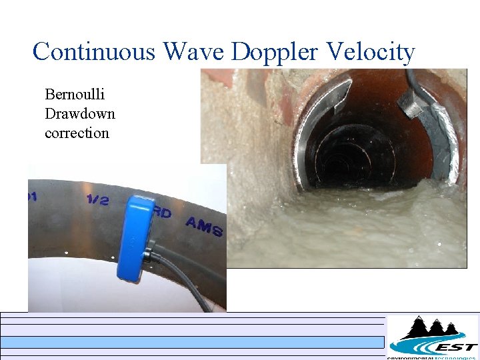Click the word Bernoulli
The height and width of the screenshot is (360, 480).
pos(75,94)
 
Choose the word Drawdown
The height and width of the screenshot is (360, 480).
pos(79,113)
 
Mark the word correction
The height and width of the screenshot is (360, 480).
pos(77,133)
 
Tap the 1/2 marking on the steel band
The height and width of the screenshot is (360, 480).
pos(97,199)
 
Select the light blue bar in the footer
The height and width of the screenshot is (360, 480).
pos(193,342)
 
